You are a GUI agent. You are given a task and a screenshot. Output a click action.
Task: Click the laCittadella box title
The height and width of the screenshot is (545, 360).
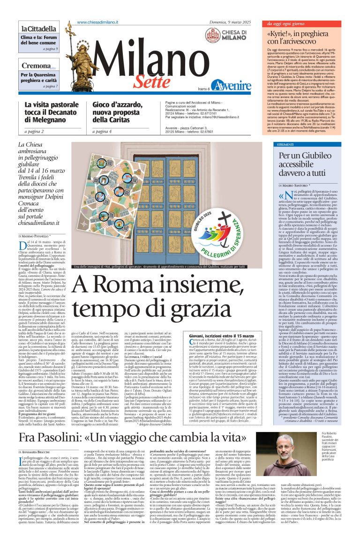click(x=34, y=29)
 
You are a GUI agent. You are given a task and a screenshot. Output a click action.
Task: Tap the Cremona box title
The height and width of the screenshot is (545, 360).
click(x=36, y=66)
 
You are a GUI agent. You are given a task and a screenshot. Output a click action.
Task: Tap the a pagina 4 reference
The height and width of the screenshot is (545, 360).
click(x=102, y=132)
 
